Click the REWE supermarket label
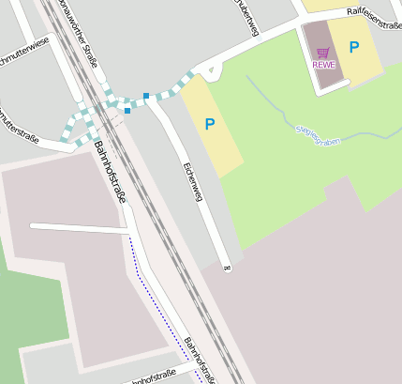coord(324,65)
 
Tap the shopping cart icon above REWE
coord(323,53)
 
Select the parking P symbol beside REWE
coord(354,47)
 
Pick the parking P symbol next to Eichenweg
coord(210,123)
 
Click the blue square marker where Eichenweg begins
coord(146,95)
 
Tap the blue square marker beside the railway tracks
coord(127,111)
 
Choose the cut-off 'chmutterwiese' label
coord(23,50)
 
